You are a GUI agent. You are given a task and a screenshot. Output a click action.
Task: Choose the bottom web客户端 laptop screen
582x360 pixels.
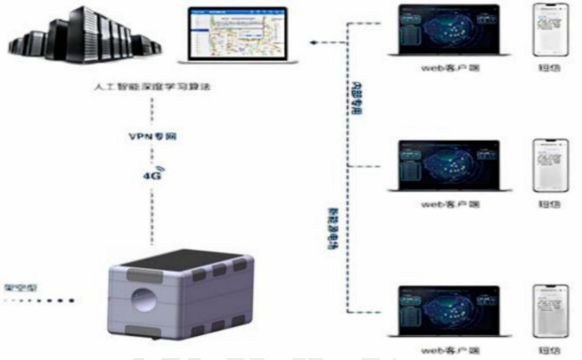(444, 311)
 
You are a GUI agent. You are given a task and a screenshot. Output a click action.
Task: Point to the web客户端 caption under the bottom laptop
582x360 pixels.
(443, 349)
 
